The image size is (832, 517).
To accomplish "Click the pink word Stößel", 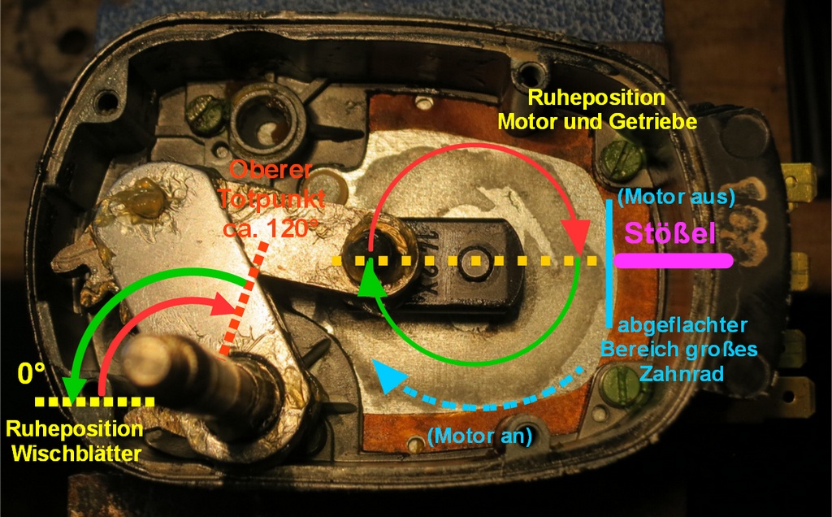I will click(x=669, y=234).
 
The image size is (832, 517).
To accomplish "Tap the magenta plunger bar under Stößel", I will click(x=674, y=261).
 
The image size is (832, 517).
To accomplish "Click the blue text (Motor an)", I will click(x=479, y=435).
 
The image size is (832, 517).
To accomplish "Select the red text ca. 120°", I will click(x=269, y=228).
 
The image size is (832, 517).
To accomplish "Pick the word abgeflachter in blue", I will click(x=682, y=326).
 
